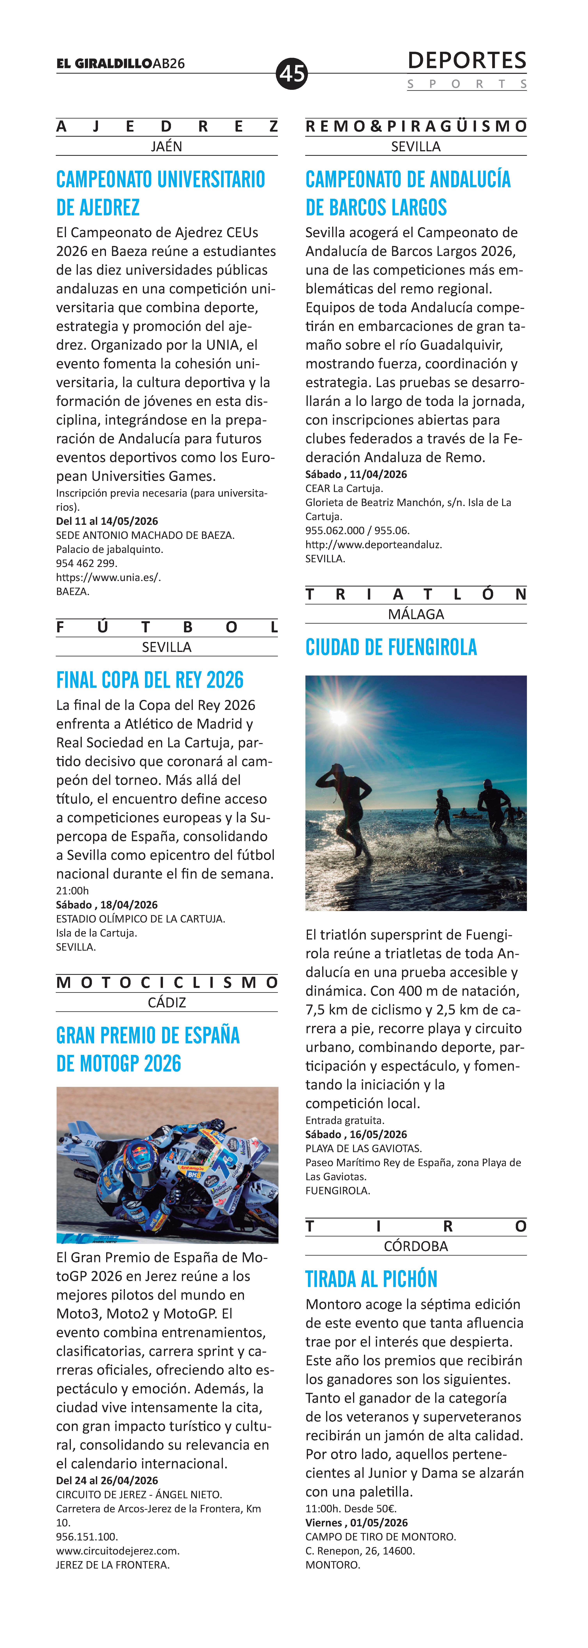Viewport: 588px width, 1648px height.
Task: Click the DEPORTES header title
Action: click(466, 61)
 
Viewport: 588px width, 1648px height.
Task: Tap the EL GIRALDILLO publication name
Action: click(104, 63)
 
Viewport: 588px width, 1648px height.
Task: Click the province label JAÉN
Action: click(166, 146)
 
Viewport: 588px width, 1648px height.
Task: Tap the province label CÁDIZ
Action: click(166, 1003)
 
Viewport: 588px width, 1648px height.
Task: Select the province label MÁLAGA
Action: click(416, 614)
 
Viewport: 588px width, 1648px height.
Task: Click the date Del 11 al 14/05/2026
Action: click(107, 521)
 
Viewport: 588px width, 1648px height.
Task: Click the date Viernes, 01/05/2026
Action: click(356, 1523)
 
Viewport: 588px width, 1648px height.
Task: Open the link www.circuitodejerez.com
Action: click(118, 1551)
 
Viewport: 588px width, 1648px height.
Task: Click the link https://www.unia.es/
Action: click(108, 577)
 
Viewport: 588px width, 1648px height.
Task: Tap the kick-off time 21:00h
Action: click(72, 890)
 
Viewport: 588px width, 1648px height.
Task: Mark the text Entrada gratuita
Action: click(345, 1120)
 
